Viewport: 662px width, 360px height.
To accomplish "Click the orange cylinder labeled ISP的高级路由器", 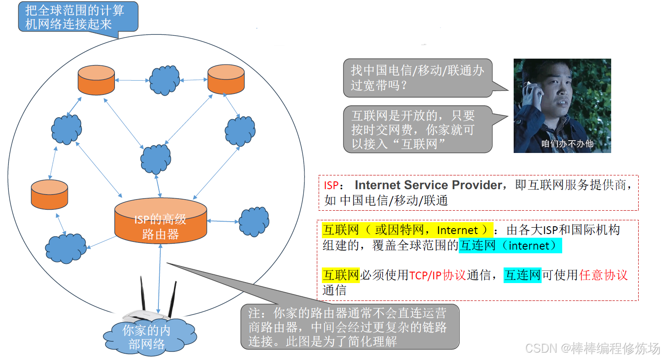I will coord(160,222).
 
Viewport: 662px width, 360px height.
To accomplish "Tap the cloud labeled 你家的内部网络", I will coord(147,337).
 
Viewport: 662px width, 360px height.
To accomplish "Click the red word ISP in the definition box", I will coord(331,185).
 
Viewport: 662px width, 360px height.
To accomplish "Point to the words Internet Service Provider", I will coord(429,185).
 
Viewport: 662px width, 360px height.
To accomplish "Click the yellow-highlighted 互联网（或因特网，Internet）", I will coord(407,230).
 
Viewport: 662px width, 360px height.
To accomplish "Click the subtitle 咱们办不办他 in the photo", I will coord(567,144).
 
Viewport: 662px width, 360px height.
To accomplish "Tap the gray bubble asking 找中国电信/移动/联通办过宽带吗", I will coord(417,78).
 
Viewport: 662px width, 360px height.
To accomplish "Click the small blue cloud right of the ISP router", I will coord(254,222).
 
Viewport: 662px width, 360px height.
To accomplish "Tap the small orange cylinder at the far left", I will coord(49,194).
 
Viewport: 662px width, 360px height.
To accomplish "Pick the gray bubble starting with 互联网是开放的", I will coord(417,130).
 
